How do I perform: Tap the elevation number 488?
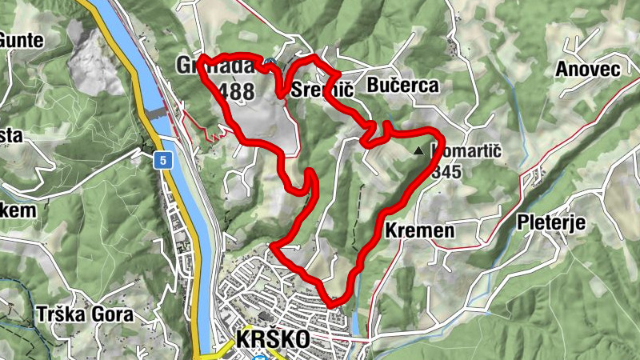[x=237, y=91]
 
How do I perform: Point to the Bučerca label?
[x=403, y=86]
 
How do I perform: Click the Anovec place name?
[x=589, y=70]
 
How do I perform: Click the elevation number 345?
[x=446, y=171]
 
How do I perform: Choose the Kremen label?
[x=419, y=231]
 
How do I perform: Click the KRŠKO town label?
[x=273, y=339]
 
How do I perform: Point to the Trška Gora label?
[x=84, y=314]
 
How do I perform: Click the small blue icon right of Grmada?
[x=271, y=60]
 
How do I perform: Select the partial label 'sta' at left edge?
[x=10, y=135]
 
